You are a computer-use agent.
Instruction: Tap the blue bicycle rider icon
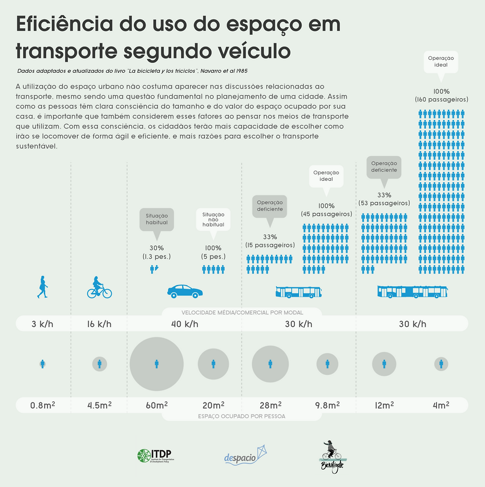[99, 288]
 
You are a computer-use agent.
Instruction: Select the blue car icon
[185, 291]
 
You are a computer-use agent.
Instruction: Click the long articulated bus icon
[412, 292]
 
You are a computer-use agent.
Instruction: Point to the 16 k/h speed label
[99, 324]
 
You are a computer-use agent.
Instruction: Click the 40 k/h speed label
[185, 324]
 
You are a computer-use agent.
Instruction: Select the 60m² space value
[156, 405]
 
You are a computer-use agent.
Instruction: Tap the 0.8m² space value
[43, 405]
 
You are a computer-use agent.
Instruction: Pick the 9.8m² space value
[327, 405]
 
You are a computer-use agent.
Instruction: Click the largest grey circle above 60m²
[156, 364]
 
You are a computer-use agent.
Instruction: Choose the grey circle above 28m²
[270, 364]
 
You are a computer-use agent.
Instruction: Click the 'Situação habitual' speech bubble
[156, 219]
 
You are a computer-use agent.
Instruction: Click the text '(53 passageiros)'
[384, 203]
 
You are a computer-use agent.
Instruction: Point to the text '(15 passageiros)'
[270, 245]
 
